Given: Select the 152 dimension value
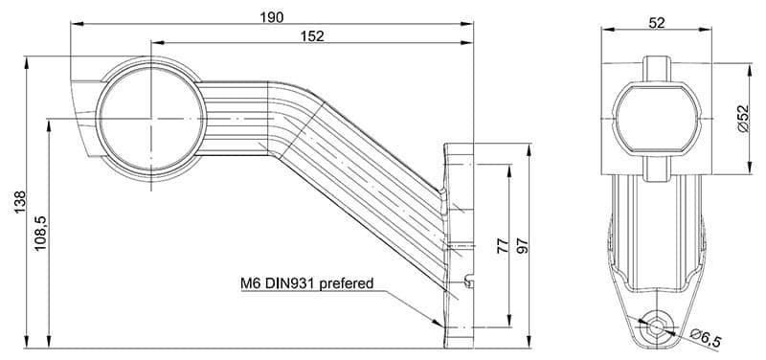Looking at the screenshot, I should pyautogui.click(x=312, y=36).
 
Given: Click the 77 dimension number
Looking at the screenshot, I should pyautogui.click(x=503, y=246).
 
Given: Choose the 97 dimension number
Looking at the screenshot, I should pyautogui.click(x=523, y=246).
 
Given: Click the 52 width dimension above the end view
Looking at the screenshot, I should pyautogui.click(x=656, y=24).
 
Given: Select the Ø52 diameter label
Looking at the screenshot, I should pyautogui.click(x=742, y=120).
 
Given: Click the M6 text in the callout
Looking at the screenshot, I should pyautogui.click(x=252, y=283).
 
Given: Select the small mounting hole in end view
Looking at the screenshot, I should pyautogui.click(x=656, y=326).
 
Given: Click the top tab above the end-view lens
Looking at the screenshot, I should pyautogui.click(x=656, y=68).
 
